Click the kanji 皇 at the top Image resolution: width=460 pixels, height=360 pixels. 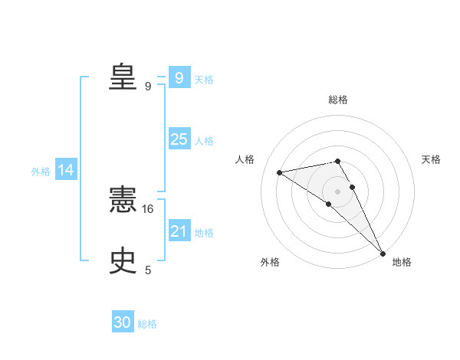point(123,77)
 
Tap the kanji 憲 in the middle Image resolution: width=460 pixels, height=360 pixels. point(123,201)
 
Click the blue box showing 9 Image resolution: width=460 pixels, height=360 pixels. point(179,77)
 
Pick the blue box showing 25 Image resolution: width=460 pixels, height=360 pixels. point(179,139)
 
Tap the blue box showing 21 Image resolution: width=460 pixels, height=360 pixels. point(179,231)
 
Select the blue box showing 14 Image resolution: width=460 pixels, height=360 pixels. point(66,170)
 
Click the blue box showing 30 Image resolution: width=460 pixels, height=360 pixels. point(123,322)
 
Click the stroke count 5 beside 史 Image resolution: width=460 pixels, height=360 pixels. point(148,270)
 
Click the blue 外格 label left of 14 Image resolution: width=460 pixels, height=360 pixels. point(41,172)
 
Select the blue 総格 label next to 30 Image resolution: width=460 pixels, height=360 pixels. point(147,324)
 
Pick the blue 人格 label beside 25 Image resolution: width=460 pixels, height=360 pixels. point(204,141)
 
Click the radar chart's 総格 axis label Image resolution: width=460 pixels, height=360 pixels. point(338,100)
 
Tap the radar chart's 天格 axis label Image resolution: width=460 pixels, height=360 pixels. point(431,159)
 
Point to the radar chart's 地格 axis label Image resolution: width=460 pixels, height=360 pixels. point(402,263)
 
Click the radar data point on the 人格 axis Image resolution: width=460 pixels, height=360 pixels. point(280,172)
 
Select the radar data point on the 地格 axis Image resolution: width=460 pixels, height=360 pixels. point(383,253)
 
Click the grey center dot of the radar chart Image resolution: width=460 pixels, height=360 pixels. point(338,191)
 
